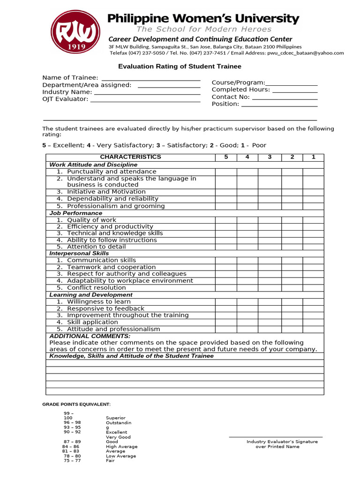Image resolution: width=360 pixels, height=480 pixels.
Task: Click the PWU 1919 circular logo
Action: [76, 32]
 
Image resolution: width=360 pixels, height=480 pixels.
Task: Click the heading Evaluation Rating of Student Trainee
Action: [180, 67]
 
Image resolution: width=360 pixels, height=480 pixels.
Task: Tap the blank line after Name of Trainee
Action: [151, 78]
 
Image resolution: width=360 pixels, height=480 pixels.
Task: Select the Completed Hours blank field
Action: [294, 90]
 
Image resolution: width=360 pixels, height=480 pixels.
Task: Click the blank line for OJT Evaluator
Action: [145, 99]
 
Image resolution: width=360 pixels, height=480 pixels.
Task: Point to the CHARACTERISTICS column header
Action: [130, 157]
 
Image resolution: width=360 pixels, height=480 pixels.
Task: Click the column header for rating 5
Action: [226, 157]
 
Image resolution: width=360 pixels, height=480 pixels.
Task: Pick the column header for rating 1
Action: [313, 157]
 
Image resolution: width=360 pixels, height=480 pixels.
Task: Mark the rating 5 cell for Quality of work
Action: [226, 220]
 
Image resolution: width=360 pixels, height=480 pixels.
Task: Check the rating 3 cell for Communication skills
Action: [270, 261]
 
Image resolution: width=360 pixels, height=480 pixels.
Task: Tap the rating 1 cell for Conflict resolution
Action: [313, 288]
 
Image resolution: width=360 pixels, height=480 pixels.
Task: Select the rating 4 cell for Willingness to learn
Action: [247, 302]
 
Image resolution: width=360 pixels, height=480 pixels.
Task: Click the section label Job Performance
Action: [76, 213]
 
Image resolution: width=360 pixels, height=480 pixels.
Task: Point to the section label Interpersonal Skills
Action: [79, 254]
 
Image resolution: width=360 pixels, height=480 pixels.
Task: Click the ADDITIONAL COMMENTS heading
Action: [90, 336]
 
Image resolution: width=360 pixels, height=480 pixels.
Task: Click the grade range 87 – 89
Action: [72, 442]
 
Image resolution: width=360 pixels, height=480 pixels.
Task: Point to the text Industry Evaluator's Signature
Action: [282, 442]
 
